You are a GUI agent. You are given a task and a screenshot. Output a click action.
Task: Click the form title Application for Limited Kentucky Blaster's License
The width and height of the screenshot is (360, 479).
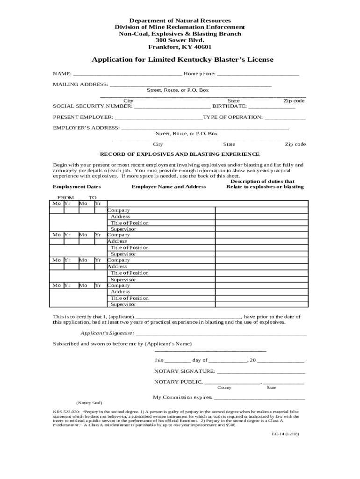click(x=182, y=60)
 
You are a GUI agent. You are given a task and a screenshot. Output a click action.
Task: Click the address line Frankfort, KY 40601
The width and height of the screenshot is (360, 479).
click(x=180, y=47)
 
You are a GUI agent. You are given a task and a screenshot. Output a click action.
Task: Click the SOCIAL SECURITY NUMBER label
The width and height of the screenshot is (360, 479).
click(x=93, y=106)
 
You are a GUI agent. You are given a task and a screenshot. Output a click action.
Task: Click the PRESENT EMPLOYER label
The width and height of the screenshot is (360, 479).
click(x=83, y=117)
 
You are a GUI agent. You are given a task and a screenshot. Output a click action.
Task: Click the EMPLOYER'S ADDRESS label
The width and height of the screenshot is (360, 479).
click(x=86, y=128)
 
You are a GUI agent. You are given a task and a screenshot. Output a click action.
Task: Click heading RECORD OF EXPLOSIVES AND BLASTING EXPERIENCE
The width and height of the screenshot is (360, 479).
click(x=180, y=154)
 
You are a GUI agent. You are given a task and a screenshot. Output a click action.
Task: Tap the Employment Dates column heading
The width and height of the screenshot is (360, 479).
click(x=77, y=187)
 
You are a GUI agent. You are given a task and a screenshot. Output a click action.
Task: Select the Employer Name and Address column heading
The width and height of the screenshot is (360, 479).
click(x=169, y=187)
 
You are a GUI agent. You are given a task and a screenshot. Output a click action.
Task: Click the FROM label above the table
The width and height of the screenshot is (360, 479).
click(x=65, y=198)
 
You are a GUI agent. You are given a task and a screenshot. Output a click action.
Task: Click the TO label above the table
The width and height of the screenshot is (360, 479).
click(x=93, y=198)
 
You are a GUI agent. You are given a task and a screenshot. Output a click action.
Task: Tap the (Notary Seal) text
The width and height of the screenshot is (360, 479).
click(x=89, y=403)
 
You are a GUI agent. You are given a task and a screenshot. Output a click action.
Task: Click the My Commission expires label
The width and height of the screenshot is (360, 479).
click(x=183, y=397)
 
